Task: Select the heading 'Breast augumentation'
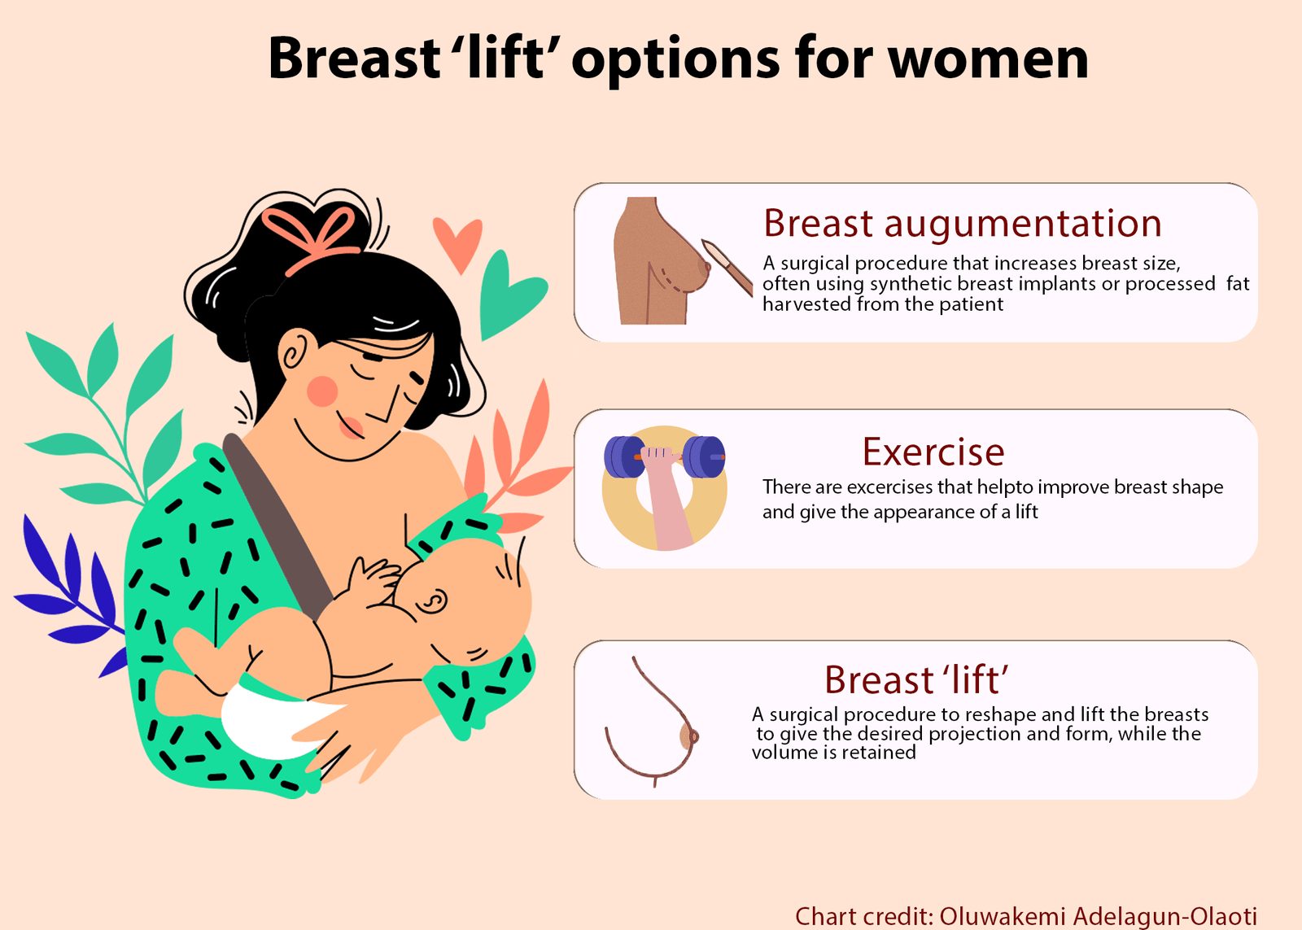pos(962,224)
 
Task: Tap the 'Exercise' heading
pos(933,452)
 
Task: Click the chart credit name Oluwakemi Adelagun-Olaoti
pos(1098,916)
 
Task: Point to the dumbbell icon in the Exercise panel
pos(664,457)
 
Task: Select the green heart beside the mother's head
pos(508,295)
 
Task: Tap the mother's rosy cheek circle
pos(322,391)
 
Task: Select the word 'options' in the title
pos(675,61)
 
